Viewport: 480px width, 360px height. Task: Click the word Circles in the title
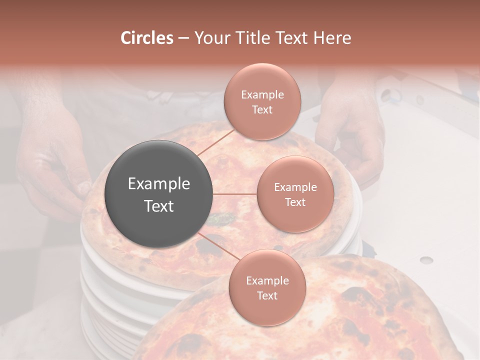[x=147, y=38]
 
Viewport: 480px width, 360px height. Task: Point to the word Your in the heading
[x=214, y=38]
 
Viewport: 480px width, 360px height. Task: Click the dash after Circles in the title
[x=183, y=38]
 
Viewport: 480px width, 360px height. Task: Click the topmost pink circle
[x=262, y=101]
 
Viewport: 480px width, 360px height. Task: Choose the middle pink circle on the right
[x=295, y=194]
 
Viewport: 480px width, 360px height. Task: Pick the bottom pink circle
[x=267, y=287]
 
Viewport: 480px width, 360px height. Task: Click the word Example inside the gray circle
[x=159, y=184]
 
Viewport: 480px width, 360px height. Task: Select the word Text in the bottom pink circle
[x=267, y=295]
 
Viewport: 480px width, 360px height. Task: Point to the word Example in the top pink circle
[x=262, y=95]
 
